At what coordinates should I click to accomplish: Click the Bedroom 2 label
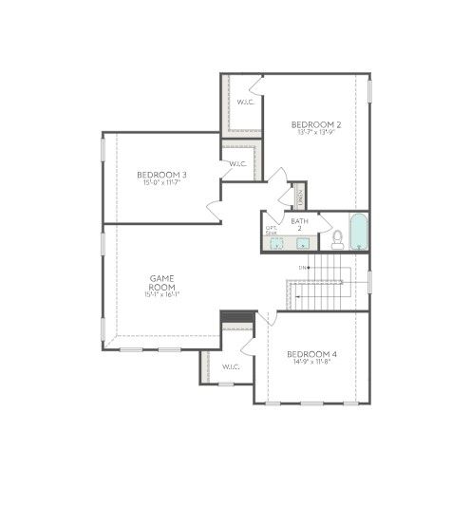point(315,124)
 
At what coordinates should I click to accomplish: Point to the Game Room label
point(160,282)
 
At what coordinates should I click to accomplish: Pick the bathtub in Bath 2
point(358,234)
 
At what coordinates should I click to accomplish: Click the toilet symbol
point(337,238)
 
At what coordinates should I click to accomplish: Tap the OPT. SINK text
point(272,231)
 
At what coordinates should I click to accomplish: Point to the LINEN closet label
point(298,197)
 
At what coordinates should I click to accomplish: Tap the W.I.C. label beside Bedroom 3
point(237,164)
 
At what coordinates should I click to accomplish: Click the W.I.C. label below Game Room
point(231,366)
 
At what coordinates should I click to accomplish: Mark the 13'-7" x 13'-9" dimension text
point(315,134)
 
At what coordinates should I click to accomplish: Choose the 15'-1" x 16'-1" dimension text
point(160,294)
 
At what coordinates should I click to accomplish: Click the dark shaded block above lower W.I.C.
point(235,316)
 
